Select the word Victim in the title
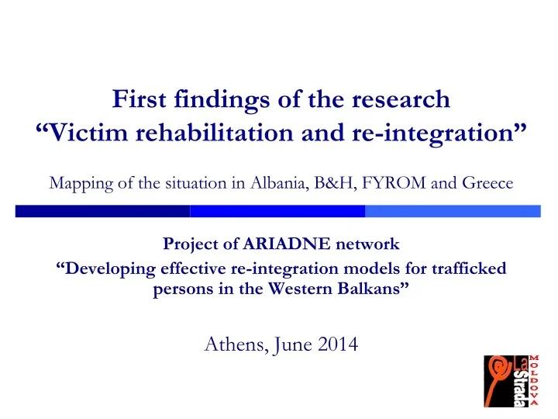[x=89, y=133]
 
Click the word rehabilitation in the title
[x=224, y=133]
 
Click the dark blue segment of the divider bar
[x=102, y=211]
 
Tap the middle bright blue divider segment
[x=277, y=211]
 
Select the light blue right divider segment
[x=453, y=211]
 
